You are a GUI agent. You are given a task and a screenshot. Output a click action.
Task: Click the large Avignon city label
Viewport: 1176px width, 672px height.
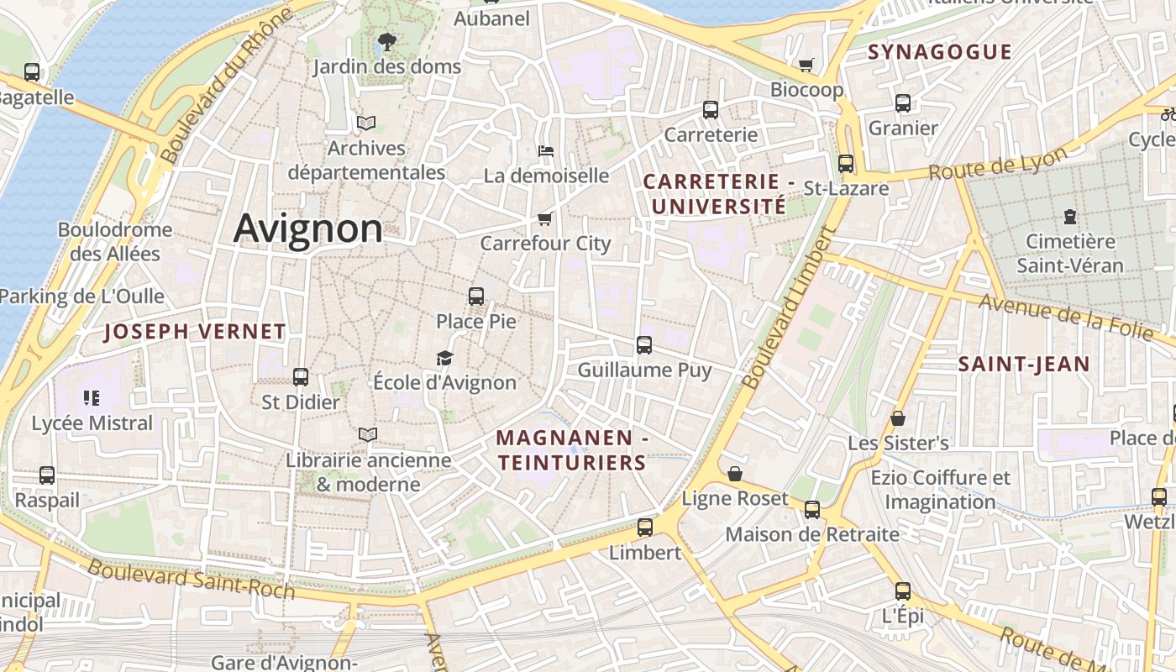pos(307,228)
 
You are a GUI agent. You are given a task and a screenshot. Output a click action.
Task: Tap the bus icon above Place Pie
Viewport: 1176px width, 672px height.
pos(476,296)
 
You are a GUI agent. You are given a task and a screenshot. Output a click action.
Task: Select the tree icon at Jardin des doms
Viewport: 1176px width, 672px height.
pos(386,40)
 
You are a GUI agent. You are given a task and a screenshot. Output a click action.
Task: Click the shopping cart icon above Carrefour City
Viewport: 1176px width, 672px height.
pos(545,218)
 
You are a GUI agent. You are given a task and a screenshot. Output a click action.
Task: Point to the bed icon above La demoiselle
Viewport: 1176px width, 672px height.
pos(546,151)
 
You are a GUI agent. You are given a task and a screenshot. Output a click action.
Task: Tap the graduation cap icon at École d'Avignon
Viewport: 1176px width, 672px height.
pos(444,359)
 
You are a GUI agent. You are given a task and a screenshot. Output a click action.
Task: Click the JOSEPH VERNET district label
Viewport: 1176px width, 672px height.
pos(195,332)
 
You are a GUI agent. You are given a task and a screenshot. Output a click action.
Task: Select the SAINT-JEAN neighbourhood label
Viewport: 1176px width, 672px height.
pos(1024,365)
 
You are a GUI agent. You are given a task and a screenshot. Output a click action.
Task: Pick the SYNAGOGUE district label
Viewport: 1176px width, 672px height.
pos(939,52)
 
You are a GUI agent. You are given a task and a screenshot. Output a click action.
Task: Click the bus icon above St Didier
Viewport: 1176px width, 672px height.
pos(300,377)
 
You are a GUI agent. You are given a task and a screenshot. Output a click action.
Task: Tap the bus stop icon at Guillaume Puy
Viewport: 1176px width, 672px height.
pos(644,344)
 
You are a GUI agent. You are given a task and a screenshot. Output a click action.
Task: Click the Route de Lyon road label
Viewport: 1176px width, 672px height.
pos(998,163)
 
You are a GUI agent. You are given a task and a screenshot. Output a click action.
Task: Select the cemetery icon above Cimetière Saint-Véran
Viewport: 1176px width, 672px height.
pos(1069,217)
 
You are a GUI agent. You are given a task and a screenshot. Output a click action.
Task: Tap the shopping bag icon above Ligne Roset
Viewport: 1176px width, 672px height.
pos(735,474)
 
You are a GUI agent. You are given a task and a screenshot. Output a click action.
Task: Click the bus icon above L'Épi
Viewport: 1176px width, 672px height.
pos(902,591)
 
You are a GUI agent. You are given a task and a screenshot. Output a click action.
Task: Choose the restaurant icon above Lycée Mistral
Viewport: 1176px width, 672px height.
pos(92,397)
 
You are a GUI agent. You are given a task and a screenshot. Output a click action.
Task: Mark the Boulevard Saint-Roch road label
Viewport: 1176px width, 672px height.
pos(192,580)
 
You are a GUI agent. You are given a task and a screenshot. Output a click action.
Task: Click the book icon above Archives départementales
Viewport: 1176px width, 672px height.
pos(365,123)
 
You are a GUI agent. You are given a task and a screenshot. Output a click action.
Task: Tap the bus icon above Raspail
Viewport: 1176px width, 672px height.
pos(47,475)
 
